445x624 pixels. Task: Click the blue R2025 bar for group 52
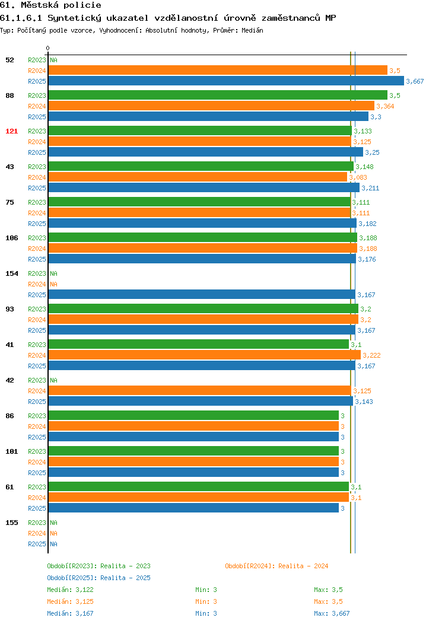[226, 81]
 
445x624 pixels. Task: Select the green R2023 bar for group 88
[218, 95]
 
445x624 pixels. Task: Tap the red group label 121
[11, 131]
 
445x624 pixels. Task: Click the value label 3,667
[415, 82]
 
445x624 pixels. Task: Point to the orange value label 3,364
[385, 106]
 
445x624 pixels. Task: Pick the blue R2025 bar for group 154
[202, 294]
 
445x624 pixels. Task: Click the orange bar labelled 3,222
[205, 355]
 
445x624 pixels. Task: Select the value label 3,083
[358, 177]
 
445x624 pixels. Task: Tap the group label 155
[11, 523]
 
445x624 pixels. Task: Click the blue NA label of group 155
[54, 544]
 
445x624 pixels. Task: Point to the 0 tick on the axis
[48, 49]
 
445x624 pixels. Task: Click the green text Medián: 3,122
[71, 590]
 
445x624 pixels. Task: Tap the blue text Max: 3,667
[332, 614]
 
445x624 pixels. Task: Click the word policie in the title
[82, 5]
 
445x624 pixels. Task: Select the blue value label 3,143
[364, 402]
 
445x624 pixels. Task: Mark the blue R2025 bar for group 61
[193, 508]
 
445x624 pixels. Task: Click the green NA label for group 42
[54, 380]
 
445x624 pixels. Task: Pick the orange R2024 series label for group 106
[37, 249]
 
